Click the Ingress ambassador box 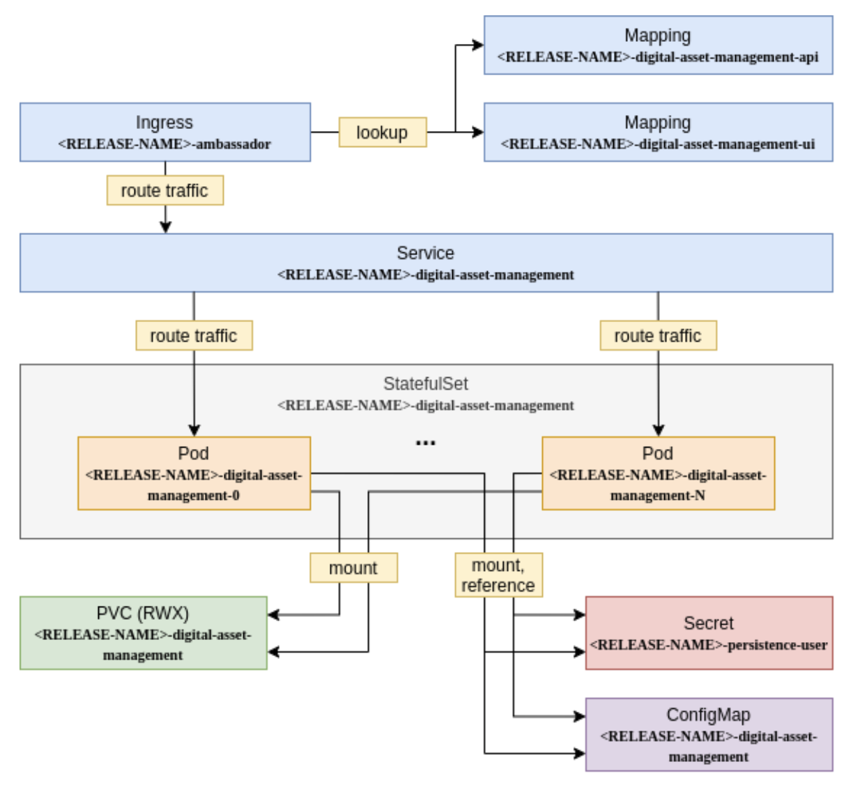coord(164,132)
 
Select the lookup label coord(382,132)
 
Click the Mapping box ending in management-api coord(658,45)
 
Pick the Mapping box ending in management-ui coord(658,132)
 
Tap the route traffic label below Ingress coord(164,190)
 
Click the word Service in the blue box coord(425,253)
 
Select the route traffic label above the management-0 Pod coord(194,335)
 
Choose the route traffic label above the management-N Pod coord(658,335)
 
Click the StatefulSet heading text coord(425,383)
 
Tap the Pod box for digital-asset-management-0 coord(194,473)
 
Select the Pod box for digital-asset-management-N coord(658,473)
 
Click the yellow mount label coord(353,568)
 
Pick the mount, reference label coord(498,575)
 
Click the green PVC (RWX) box coord(143,633)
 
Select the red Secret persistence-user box coord(709,633)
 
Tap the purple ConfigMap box coord(709,735)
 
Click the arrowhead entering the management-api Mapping coord(478,45)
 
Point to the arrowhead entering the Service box coord(165,227)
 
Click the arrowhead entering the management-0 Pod coord(194,431)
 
